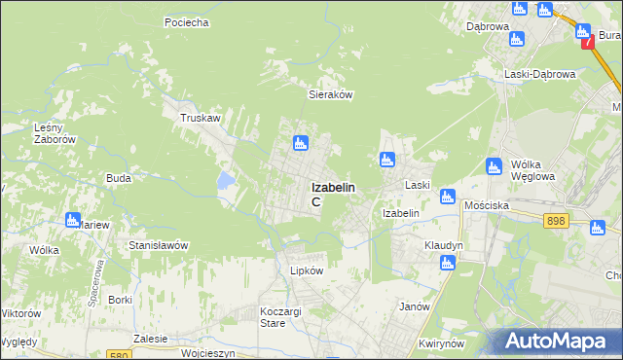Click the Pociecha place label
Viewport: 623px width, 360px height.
click(x=188, y=22)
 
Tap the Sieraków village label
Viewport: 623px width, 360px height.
click(x=330, y=95)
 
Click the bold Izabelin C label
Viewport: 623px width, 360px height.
click(x=332, y=193)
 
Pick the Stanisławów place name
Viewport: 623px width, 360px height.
click(x=158, y=246)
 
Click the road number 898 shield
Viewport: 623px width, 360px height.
click(x=556, y=222)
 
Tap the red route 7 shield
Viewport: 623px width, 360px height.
click(x=586, y=43)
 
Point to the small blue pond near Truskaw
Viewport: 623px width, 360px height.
click(x=226, y=179)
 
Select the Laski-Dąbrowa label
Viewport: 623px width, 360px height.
click(x=540, y=74)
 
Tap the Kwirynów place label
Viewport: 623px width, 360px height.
click(x=437, y=344)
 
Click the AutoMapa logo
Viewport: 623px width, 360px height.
click(x=560, y=342)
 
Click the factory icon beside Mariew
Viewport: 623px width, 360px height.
click(x=72, y=220)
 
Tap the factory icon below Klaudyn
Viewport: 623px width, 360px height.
click(x=448, y=262)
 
